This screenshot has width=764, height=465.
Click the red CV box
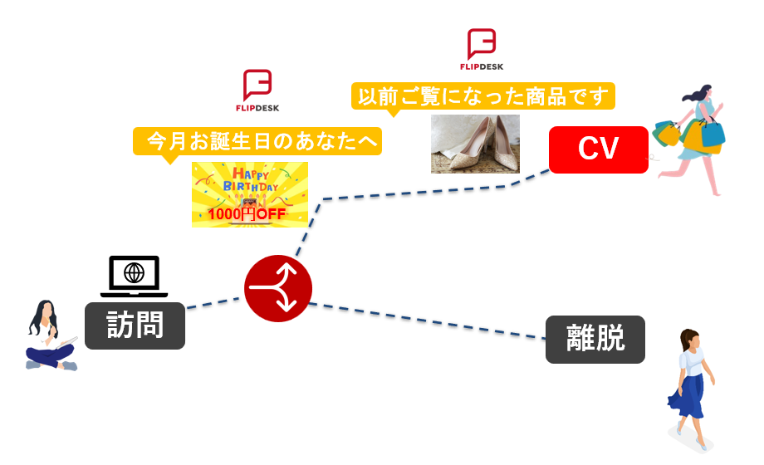(x=598, y=149)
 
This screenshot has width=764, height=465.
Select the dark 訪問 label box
(x=135, y=325)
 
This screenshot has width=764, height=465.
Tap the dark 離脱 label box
(x=595, y=339)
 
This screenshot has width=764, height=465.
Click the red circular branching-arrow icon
(x=278, y=289)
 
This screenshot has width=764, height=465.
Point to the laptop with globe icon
(x=134, y=276)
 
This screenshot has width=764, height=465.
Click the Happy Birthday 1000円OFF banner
(x=250, y=194)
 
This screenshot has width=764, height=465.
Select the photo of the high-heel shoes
(x=475, y=144)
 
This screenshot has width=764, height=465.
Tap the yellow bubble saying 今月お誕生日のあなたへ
(x=257, y=140)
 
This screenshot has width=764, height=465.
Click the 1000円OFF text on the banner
(x=247, y=215)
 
